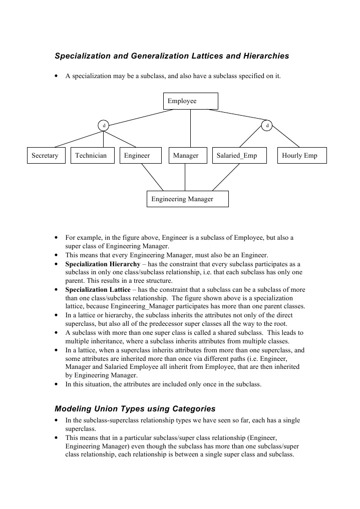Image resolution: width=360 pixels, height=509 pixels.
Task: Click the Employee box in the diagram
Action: click(x=190, y=101)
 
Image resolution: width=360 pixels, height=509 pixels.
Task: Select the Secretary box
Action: click(x=46, y=156)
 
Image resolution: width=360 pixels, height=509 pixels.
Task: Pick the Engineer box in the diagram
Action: click(x=141, y=156)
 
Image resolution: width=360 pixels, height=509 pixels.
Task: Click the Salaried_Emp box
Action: click(x=240, y=156)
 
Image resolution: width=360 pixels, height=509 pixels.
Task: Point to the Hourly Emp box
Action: click(x=302, y=156)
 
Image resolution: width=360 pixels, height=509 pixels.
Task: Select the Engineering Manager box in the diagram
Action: click(x=187, y=199)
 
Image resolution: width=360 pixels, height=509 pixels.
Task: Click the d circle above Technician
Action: click(x=104, y=125)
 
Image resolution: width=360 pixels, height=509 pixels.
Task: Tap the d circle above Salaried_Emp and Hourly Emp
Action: click(x=267, y=125)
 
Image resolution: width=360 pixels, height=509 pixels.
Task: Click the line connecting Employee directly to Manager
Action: click(x=190, y=128)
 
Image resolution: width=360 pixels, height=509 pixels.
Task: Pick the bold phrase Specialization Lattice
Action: click(x=95, y=290)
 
